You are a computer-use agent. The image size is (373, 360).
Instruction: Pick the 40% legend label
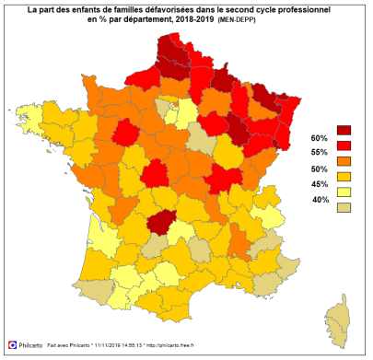(x=321, y=200)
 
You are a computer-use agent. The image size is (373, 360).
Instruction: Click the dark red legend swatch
(x=345, y=130)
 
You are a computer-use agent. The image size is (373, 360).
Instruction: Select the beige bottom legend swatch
(x=345, y=208)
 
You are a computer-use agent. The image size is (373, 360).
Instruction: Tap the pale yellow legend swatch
(x=345, y=192)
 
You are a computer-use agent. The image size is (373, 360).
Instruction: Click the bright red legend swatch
(x=345, y=145)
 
